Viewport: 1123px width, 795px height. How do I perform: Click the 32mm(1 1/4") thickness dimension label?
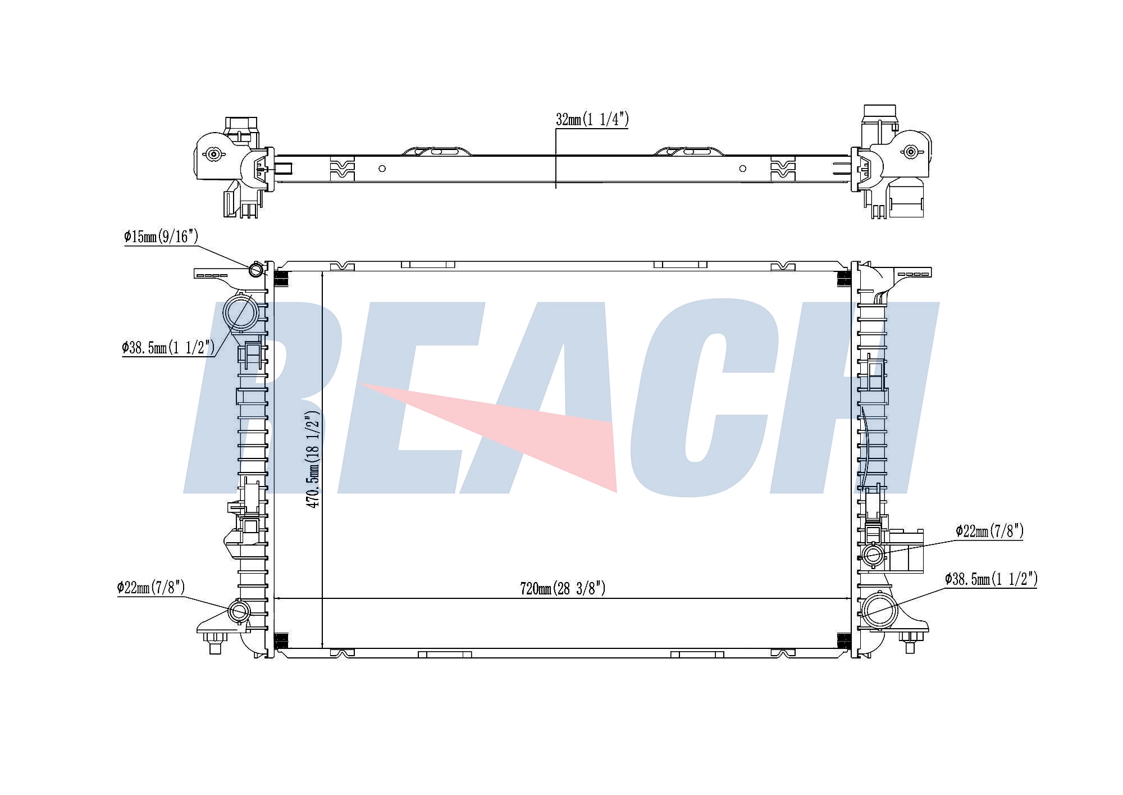(x=592, y=120)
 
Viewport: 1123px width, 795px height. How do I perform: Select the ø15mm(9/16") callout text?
(x=161, y=237)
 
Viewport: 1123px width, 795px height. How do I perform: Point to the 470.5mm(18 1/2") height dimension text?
(x=312, y=460)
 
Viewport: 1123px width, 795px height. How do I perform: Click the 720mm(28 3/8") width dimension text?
(x=563, y=589)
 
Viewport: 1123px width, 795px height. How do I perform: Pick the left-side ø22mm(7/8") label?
(x=151, y=588)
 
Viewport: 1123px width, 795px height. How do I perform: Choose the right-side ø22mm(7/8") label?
(x=989, y=531)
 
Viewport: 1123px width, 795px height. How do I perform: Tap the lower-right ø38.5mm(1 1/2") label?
(x=991, y=579)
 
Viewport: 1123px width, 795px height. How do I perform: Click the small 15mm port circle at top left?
(x=256, y=270)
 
